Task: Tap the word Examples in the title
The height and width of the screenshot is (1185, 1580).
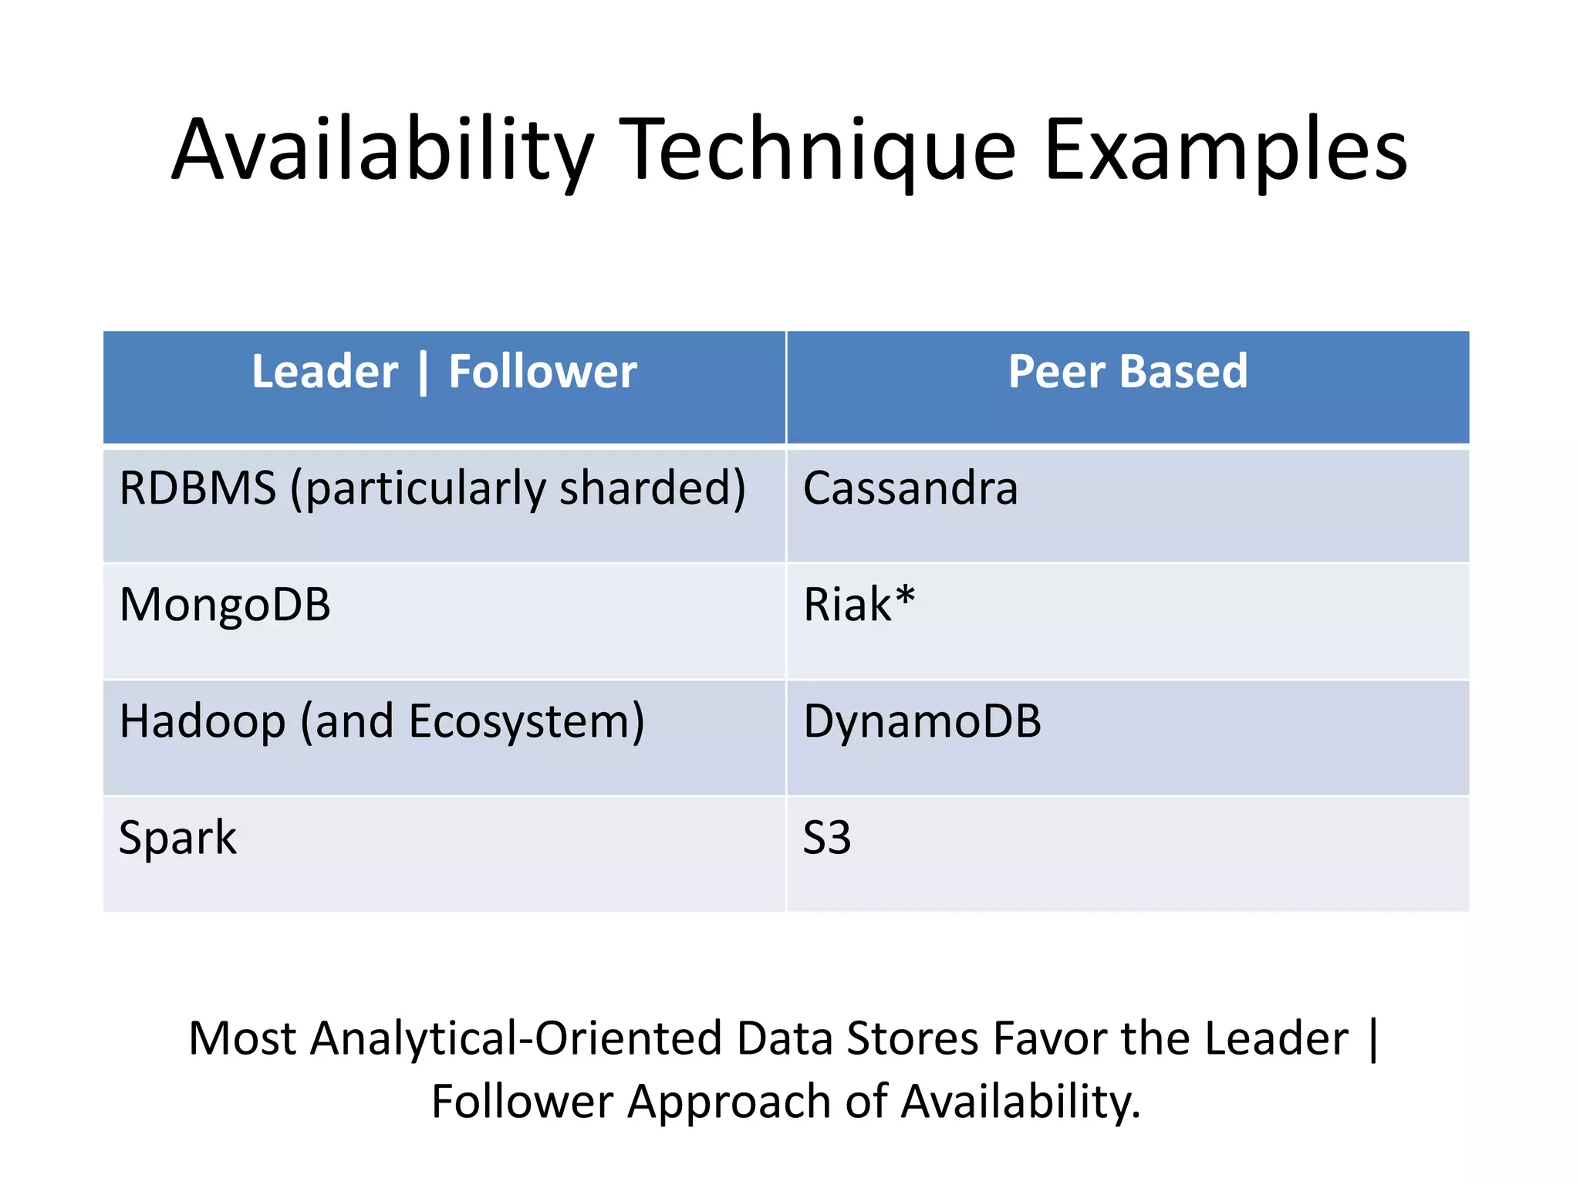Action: (1226, 150)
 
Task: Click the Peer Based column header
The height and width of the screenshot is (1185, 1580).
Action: (1127, 372)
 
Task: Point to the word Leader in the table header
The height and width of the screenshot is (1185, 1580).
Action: (325, 372)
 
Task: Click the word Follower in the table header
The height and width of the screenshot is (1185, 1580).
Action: (542, 372)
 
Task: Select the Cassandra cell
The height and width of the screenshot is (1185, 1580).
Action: (910, 488)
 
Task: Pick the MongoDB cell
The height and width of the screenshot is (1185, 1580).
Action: (225, 605)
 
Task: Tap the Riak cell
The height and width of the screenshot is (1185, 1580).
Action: (848, 605)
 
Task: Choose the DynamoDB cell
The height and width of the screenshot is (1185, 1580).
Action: (922, 721)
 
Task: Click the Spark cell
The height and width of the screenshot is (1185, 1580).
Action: (177, 838)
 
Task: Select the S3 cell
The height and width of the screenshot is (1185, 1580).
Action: (826, 838)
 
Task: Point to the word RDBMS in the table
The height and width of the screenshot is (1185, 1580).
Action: (197, 488)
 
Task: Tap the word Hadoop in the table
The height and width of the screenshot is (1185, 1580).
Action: (202, 721)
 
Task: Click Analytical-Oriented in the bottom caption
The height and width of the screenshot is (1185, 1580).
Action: (516, 1038)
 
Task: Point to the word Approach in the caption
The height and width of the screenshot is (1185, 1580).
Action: (728, 1101)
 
